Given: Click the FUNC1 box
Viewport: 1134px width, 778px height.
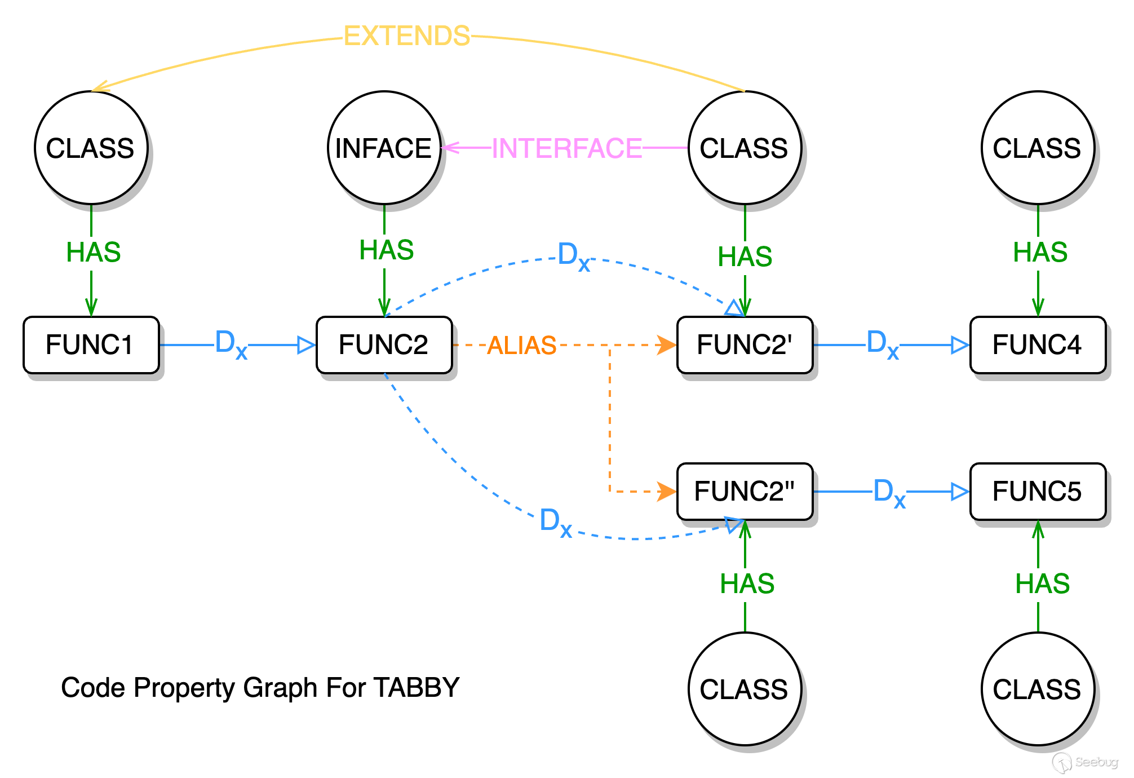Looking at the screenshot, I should (x=91, y=344).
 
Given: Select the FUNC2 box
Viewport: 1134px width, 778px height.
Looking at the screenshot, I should (x=384, y=344).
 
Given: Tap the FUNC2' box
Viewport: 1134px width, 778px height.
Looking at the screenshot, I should (x=745, y=344).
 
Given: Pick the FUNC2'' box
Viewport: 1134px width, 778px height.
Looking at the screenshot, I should (x=745, y=491).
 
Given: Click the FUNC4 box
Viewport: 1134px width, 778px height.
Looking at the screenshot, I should (x=1038, y=344).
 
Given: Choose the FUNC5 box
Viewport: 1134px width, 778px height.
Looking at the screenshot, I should (x=1038, y=491).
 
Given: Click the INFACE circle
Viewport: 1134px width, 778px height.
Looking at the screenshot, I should (x=384, y=148).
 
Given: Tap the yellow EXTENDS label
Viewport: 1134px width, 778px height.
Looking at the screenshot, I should (x=406, y=37).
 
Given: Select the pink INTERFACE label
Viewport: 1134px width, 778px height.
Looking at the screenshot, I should (x=566, y=149).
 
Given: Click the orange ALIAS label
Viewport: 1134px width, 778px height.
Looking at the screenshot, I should (x=521, y=346).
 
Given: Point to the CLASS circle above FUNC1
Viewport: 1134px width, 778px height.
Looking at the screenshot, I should (x=91, y=148).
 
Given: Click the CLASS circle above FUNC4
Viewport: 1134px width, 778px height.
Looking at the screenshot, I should (x=1038, y=148).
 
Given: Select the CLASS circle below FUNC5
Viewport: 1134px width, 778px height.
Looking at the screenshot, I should (x=1038, y=688).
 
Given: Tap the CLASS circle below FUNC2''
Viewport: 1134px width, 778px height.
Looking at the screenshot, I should (x=745, y=688).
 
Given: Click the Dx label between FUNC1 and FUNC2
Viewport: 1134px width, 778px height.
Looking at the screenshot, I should (x=231, y=346).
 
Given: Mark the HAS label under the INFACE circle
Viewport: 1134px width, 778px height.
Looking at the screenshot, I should (x=387, y=251).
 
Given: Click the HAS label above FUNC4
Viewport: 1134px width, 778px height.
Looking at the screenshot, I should (x=1040, y=252).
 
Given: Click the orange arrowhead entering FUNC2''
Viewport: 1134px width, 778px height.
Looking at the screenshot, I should (x=667, y=491).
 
